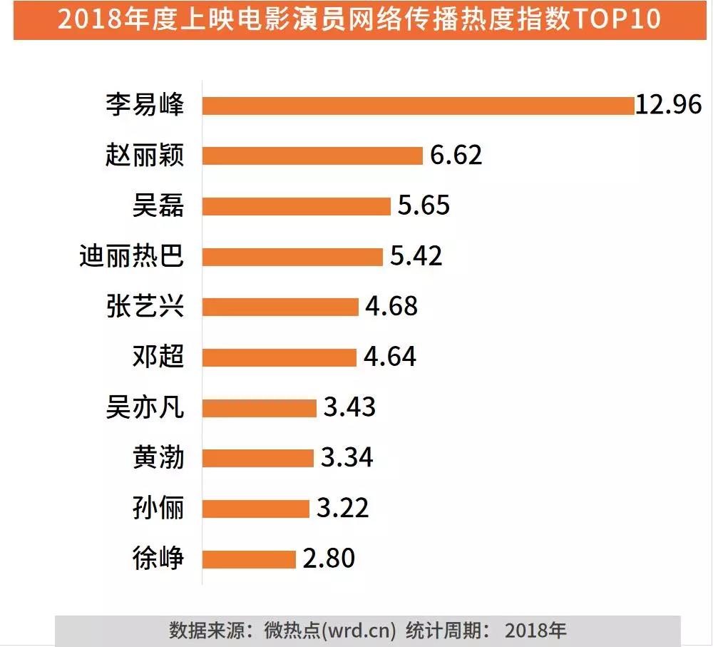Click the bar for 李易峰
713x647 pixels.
pos(418,106)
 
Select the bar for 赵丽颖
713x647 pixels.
pos(313,156)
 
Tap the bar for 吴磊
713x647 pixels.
pos(297,206)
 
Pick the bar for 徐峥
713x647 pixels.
pos(249,559)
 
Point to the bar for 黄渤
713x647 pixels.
pos(258,458)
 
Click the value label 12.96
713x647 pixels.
pos(670,105)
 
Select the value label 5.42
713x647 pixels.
pos(416,256)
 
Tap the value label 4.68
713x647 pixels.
pos(391,307)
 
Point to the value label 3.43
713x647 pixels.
pos(349,408)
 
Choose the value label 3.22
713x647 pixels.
pos(343,509)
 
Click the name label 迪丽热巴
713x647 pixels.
pos(132,256)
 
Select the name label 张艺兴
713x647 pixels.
pos(145,307)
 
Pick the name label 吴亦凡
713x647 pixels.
pos(145,408)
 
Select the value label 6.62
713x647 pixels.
pos(456,156)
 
